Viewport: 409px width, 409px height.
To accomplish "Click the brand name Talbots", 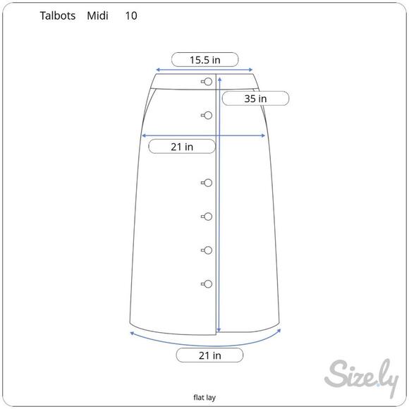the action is pyautogui.click(x=58, y=16).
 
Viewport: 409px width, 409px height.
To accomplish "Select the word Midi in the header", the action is pyautogui.click(x=97, y=16).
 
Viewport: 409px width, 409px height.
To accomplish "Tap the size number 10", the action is pyautogui.click(x=131, y=16).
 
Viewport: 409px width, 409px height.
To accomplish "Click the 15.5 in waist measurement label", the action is pyautogui.click(x=205, y=60).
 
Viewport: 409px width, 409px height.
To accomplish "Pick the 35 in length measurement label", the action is pyautogui.click(x=255, y=99).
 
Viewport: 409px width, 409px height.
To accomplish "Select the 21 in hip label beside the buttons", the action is pyautogui.click(x=182, y=147).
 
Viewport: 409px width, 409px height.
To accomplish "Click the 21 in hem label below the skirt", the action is pyautogui.click(x=209, y=355).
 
